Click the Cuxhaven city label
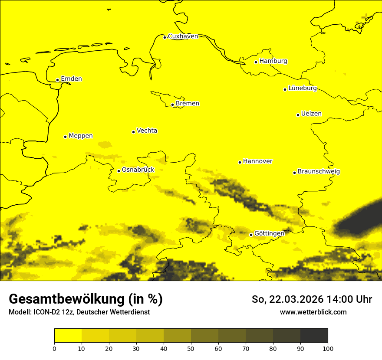183,36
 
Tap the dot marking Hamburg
256,62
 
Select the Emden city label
71,79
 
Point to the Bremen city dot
172,105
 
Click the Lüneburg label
302,88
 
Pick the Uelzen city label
311,114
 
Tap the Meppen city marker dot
65,137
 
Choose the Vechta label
147,131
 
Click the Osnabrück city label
138,170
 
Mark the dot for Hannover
240,162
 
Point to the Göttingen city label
269,233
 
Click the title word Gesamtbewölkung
67,299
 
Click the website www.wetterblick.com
313,312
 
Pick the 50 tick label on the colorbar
191,348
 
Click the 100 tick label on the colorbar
328,348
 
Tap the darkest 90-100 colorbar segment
314,336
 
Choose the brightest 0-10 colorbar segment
68,336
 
